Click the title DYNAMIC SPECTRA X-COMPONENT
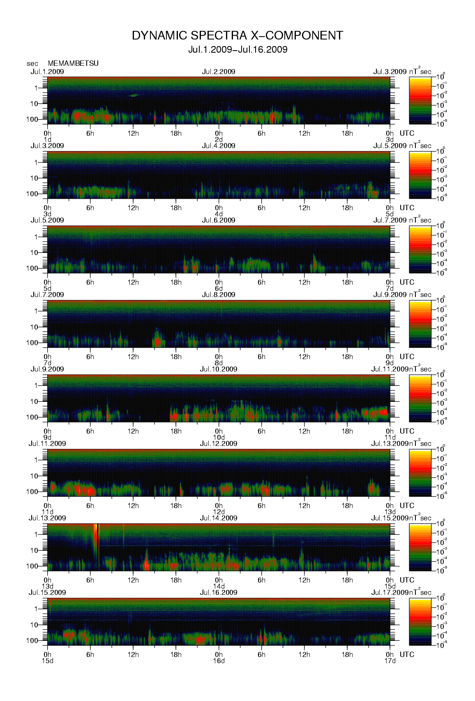pyautogui.click(x=237, y=36)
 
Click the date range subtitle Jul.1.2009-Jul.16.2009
pyautogui.click(x=237, y=50)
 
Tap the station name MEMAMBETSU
pyautogui.click(x=73, y=63)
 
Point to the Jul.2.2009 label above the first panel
pyautogui.click(x=219, y=72)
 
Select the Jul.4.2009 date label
pyautogui.click(x=219, y=146)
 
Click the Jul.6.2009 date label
pyautogui.click(x=219, y=220)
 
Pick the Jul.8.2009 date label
pyautogui.click(x=219, y=295)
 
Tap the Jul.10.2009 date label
pyautogui.click(x=219, y=369)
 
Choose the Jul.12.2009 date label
pyautogui.click(x=219, y=443)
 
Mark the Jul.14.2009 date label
pyautogui.click(x=219, y=518)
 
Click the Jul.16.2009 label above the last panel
pyautogui.click(x=219, y=592)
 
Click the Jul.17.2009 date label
pyautogui.click(x=390, y=592)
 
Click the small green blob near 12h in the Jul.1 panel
pyautogui.click(x=134, y=95)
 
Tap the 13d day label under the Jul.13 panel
pyautogui.click(x=48, y=586)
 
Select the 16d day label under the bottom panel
pyautogui.click(x=219, y=661)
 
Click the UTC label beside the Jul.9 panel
pyautogui.click(x=407, y=431)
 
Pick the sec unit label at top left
pyautogui.click(x=32, y=63)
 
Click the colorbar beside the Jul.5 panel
pyautogui.click(x=420, y=249)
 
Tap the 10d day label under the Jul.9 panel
pyautogui.click(x=219, y=437)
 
